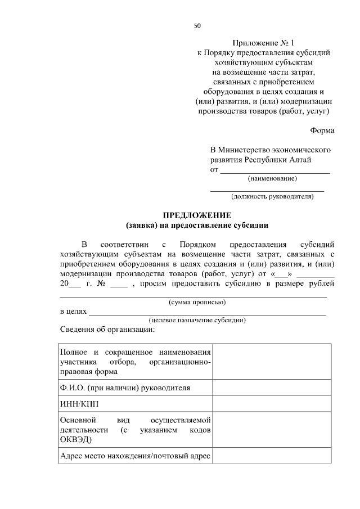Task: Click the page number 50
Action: [x=197, y=25]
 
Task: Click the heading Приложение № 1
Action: [x=263, y=43]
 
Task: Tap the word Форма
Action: [x=322, y=131]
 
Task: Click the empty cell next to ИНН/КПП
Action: [x=272, y=404]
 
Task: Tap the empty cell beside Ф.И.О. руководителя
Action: [x=272, y=388]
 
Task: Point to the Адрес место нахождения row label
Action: [x=135, y=456]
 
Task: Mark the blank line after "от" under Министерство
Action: [x=274, y=169]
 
